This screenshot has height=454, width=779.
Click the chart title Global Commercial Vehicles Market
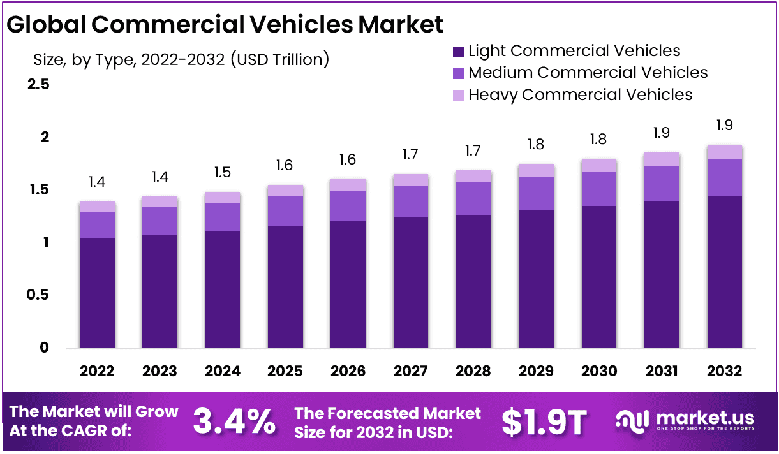(225, 24)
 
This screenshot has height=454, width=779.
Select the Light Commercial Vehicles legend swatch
(458, 51)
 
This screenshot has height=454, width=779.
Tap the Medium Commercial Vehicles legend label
(588, 73)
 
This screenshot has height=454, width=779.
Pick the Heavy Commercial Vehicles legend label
(580, 95)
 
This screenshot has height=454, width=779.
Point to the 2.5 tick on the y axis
(38, 85)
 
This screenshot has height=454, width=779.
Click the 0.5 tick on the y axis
(38, 295)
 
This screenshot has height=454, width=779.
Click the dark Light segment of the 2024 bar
(223, 290)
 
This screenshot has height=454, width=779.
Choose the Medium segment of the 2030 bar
(599, 189)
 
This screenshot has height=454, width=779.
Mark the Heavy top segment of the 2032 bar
(725, 152)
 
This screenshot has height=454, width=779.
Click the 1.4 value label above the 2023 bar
(160, 177)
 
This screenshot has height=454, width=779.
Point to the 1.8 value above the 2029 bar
(537, 145)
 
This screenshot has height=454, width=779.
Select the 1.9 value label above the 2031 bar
(662, 133)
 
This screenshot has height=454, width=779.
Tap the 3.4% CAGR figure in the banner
(234, 421)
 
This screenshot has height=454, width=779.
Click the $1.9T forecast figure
(544, 421)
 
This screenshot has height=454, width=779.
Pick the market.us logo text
(705, 419)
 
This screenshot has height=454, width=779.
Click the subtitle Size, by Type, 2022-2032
(181, 59)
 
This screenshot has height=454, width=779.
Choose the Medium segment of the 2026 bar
(348, 206)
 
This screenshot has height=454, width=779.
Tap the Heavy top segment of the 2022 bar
(97, 207)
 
